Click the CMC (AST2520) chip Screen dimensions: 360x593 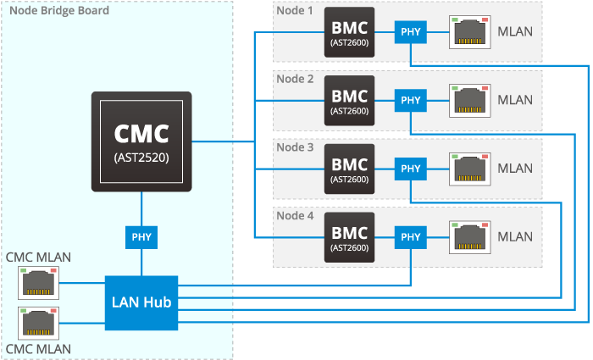pos(141,141)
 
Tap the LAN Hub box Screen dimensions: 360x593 pos(141,302)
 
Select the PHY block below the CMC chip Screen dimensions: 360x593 pos(141,236)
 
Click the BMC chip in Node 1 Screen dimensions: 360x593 pos(349,33)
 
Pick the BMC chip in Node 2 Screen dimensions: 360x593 pos(349,100)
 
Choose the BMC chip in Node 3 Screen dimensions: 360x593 pos(349,169)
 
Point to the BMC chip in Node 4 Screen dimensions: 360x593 pos(349,236)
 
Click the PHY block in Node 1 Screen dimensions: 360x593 pos(411,33)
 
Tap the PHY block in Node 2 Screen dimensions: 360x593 pos(411,100)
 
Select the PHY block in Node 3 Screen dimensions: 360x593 pos(411,169)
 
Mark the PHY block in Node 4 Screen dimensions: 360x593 pos(411,236)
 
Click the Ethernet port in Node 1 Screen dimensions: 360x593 pos(469,32)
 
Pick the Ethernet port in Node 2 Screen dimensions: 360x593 pos(469,100)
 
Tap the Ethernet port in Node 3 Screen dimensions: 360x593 pos(469,168)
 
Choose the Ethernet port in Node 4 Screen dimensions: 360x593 pos(469,235)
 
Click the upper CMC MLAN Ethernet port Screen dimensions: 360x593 pos(37,281)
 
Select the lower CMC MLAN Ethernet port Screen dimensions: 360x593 pos(37,323)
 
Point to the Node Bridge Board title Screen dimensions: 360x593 pos(58,11)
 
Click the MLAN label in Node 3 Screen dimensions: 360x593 pos(515,169)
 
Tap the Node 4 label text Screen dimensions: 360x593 pos(296,215)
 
